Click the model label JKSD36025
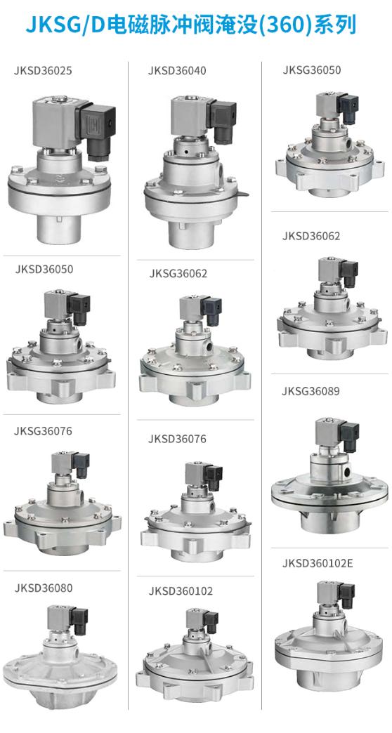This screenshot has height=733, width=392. click(x=43, y=72)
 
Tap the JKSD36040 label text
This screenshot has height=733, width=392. click(x=177, y=71)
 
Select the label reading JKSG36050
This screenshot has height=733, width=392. click(x=311, y=70)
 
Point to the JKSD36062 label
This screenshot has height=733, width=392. click(x=311, y=236)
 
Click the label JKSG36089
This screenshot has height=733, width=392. click(x=311, y=391)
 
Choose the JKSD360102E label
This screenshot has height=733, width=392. click(x=317, y=563)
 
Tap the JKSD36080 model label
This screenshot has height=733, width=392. click(x=44, y=588)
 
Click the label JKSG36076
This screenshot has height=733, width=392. click(x=43, y=430)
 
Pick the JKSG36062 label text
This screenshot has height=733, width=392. click(x=178, y=274)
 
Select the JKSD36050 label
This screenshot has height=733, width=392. click(x=44, y=270)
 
